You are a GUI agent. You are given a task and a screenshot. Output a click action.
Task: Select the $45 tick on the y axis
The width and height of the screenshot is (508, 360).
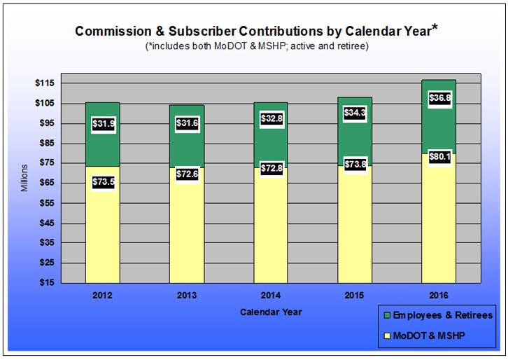pyautogui.click(x=47, y=223)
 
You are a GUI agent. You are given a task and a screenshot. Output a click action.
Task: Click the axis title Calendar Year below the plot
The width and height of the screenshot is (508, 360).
pyautogui.click(x=271, y=311)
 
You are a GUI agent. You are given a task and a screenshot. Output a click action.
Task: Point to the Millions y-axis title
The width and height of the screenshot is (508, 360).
pyautogui.click(x=24, y=179)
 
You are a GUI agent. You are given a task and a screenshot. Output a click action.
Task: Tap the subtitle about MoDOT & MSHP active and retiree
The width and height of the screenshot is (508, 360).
pyautogui.click(x=257, y=46)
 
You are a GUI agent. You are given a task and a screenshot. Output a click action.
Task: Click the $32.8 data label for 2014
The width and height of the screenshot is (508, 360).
pyautogui.click(x=271, y=119)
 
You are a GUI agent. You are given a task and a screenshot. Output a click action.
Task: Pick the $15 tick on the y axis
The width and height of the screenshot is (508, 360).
pyautogui.click(x=47, y=283)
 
